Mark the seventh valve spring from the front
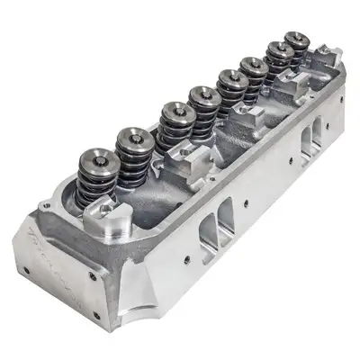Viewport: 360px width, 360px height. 279,52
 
